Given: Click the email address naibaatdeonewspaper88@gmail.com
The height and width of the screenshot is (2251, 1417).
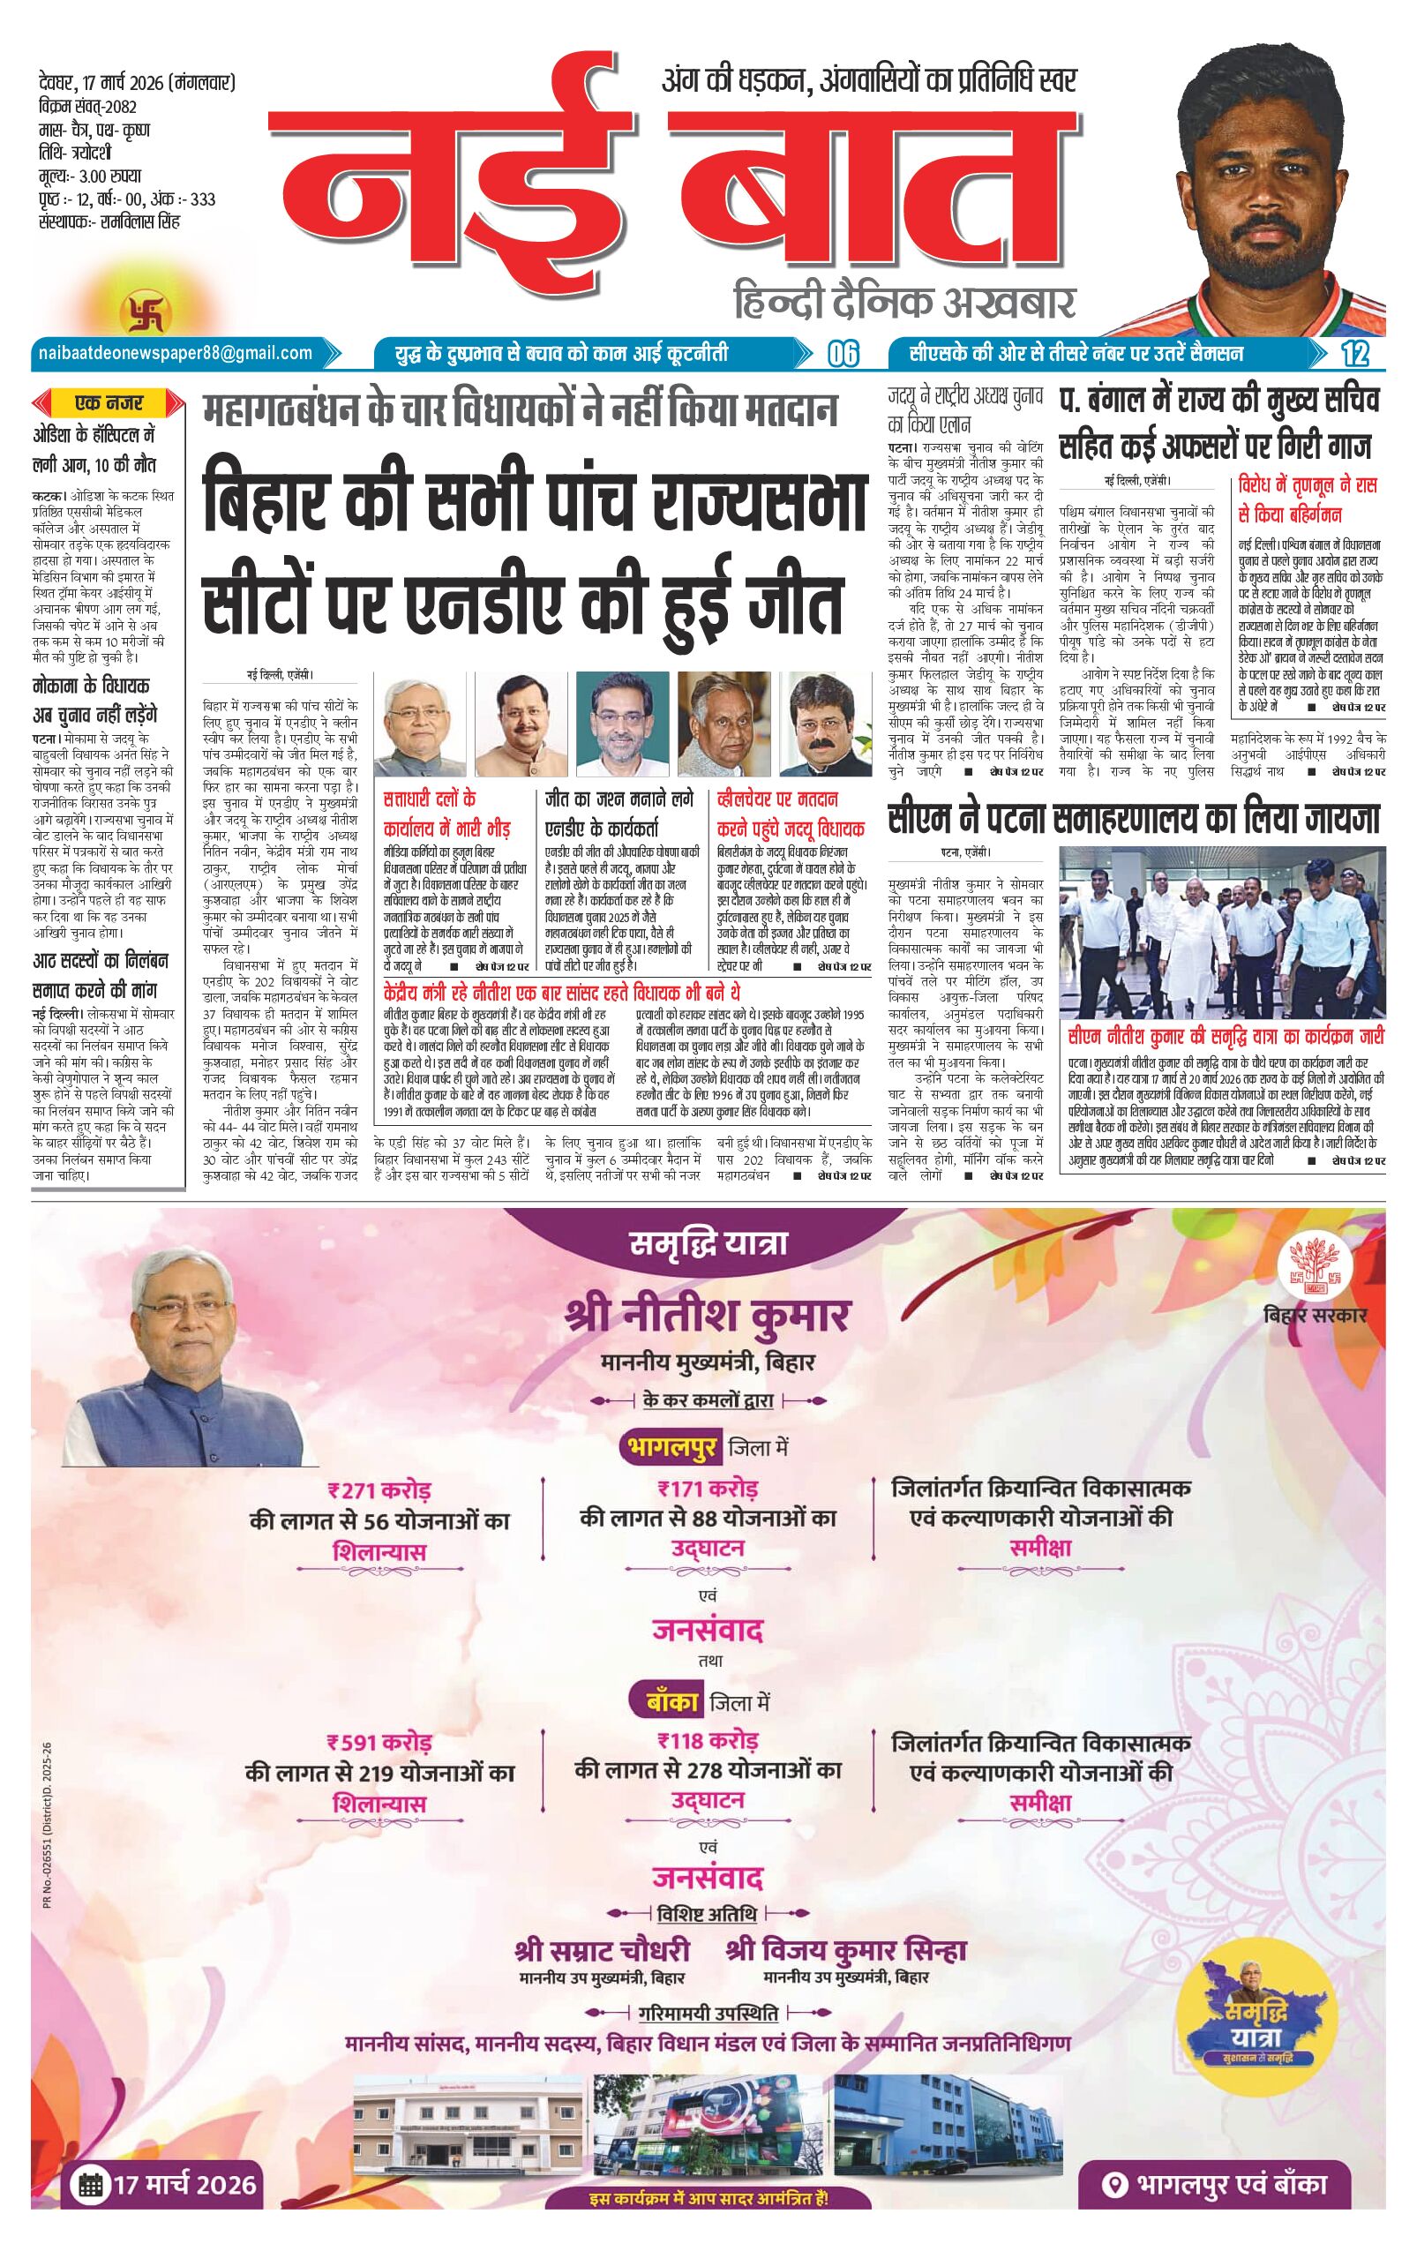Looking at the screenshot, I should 175,352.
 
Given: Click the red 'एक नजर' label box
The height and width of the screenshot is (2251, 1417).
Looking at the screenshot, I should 109,404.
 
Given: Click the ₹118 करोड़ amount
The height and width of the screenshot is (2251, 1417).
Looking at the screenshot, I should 708,1741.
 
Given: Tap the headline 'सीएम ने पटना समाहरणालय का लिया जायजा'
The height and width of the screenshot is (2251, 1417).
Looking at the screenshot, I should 1134,820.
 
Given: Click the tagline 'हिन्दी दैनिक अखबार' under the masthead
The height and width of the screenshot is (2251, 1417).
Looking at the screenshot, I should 902,302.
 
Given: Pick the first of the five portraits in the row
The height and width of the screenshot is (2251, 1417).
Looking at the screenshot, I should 420,723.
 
